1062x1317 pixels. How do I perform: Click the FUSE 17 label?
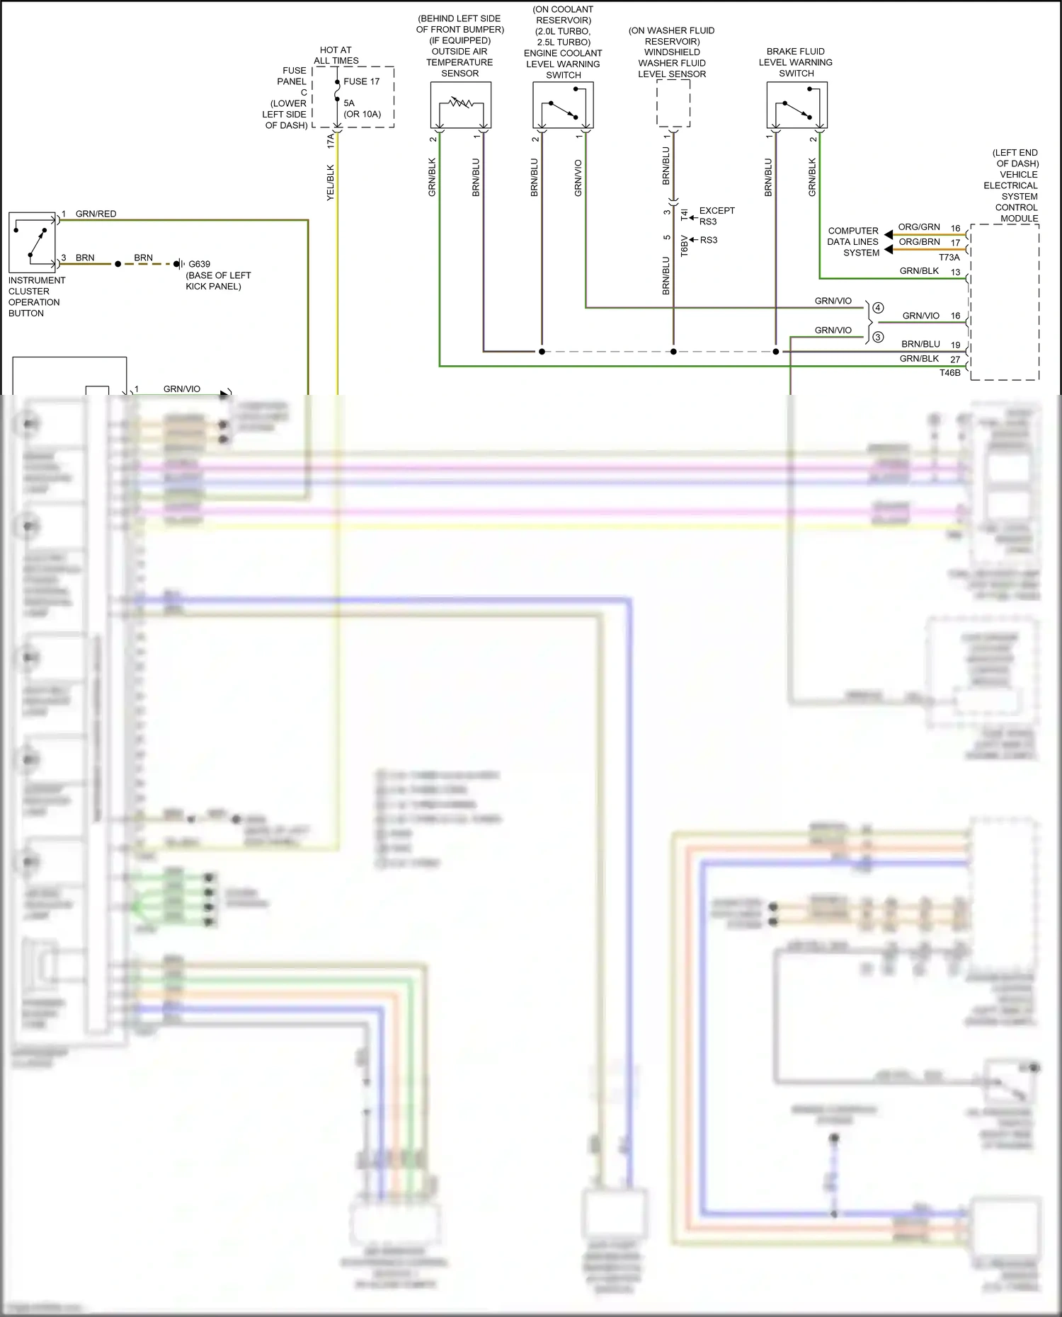(x=361, y=81)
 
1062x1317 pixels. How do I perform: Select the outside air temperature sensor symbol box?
(x=460, y=105)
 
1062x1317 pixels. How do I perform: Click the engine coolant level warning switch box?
(x=563, y=105)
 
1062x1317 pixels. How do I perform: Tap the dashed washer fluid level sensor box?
(x=673, y=103)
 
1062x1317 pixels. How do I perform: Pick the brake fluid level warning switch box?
(x=796, y=105)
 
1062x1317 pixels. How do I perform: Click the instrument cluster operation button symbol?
(x=32, y=242)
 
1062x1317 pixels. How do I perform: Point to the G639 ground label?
(x=199, y=264)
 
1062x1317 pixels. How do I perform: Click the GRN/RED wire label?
(x=96, y=214)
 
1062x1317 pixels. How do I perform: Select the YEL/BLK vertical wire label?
(x=330, y=183)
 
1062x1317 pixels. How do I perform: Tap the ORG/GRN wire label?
(x=919, y=227)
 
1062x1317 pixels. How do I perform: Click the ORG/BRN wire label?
(x=919, y=242)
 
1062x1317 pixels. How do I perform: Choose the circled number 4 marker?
(x=878, y=308)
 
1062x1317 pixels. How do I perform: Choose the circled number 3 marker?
(x=878, y=337)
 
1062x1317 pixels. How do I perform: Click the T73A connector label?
(x=949, y=258)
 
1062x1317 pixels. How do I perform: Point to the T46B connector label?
(x=949, y=373)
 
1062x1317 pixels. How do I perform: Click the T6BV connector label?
(x=684, y=246)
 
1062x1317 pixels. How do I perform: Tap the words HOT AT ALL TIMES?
(x=336, y=55)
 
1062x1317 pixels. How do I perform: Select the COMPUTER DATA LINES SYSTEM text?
(x=852, y=241)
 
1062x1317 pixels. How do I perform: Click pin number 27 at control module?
(x=955, y=360)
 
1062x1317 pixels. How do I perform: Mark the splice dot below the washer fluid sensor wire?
(x=673, y=352)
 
